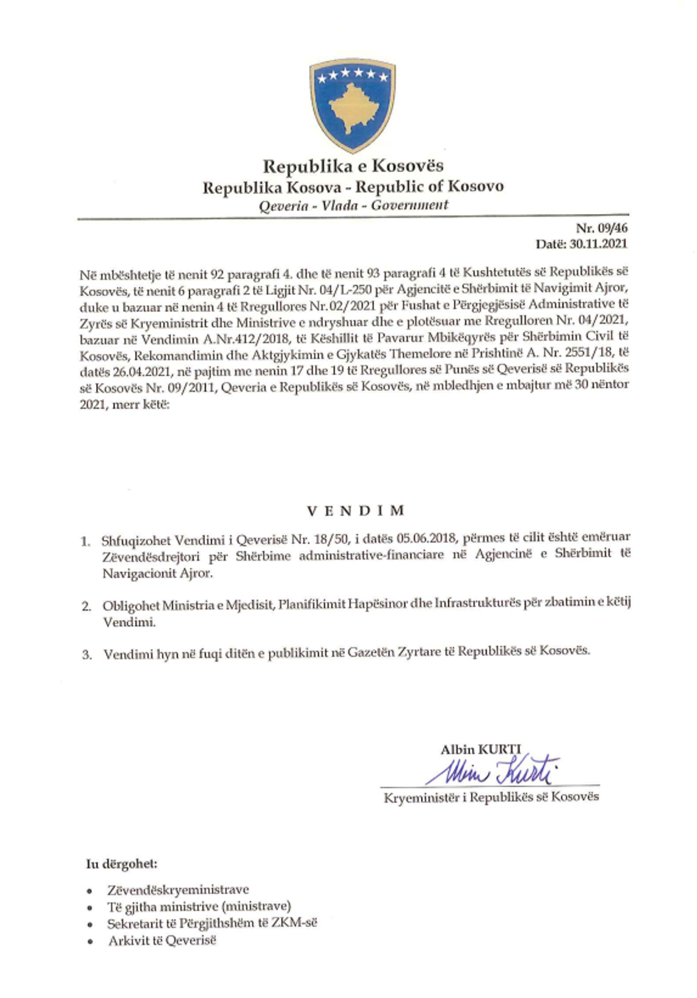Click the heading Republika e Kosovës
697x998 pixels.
pyautogui.click(x=353, y=166)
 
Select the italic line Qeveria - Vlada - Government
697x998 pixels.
pyautogui.click(x=353, y=205)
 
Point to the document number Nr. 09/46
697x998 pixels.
pyautogui.click(x=601, y=228)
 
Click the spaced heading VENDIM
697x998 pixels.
pyautogui.click(x=356, y=510)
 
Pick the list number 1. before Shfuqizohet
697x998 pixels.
pyautogui.click(x=85, y=542)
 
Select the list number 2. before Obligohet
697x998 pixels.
pyautogui.click(x=86, y=606)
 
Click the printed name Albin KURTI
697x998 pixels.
pyautogui.click(x=480, y=749)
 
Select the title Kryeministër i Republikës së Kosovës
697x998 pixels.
pyautogui.click(x=491, y=797)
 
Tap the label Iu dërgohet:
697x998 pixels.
pyautogui.click(x=122, y=864)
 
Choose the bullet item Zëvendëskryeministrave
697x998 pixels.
pyautogui.click(x=178, y=890)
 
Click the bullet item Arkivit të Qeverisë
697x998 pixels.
pyautogui.click(x=161, y=940)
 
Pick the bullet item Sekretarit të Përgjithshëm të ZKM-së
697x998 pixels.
pyautogui.click(x=212, y=923)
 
